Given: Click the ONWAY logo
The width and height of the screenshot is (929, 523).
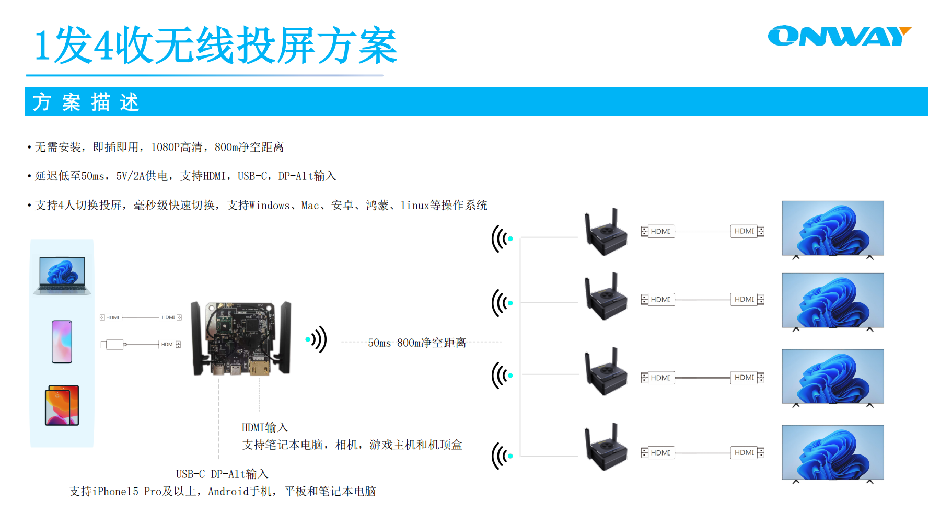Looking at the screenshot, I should click(x=839, y=36).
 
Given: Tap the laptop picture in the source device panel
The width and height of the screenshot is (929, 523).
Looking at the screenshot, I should click(x=62, y=275).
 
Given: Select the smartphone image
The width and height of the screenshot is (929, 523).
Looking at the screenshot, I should click(x=62, y=342).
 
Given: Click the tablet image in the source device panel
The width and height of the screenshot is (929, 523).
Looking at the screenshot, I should click(x=62, y=405).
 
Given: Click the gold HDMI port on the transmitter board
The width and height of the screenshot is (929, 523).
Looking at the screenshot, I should click(x=259, y=367).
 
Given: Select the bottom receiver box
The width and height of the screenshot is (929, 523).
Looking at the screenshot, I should click(x=606, y=448).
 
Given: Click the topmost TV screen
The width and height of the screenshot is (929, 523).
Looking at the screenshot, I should click(x=833, y=228).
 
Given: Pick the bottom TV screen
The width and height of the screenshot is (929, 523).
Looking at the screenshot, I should click(x=833, y=452).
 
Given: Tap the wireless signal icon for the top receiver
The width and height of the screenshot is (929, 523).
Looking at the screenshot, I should click(x=502, y=239).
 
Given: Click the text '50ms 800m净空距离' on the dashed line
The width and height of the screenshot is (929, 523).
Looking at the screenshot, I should click(x=416, y=343).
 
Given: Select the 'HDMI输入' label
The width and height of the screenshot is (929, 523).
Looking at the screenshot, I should click(x=264, y=428).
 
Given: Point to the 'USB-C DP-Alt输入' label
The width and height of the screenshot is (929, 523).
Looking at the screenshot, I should click(x=222, y=474).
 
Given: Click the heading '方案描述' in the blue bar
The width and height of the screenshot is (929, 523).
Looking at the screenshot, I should click(x=86, y=102).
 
